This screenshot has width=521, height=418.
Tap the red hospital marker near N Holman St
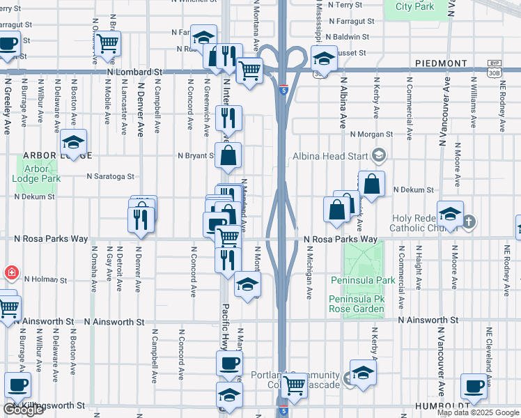pos(10,273)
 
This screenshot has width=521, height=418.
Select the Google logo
pos(23,410)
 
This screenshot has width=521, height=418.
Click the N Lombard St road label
pos(134,71)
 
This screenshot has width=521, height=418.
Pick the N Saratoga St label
pos(110,177)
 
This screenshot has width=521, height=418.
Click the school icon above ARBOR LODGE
pos(73,144)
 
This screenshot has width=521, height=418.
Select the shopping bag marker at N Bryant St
pos(228,156)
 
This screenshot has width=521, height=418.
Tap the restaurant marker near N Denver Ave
pos(141,219)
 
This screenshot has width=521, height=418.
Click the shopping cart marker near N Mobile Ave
pos(108,43)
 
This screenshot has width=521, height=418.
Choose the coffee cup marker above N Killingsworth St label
pos(17,385)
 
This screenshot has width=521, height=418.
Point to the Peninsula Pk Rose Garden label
pos(357,304)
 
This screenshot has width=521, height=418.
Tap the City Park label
pos(415,6)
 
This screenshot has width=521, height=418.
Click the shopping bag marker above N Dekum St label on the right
pos(373,185)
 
